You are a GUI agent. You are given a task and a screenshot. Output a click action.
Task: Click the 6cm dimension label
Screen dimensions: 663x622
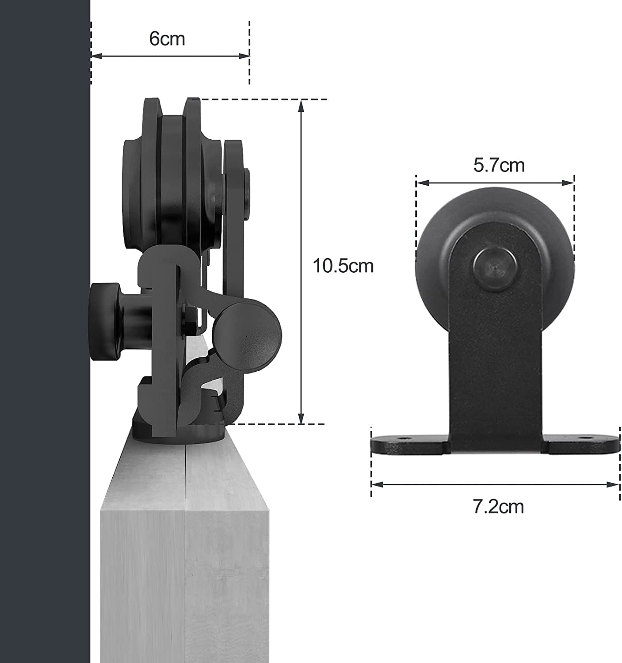click(x=167, y=39)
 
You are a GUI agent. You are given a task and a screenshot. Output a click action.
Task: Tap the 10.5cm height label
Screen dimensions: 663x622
click(x=343, y=266)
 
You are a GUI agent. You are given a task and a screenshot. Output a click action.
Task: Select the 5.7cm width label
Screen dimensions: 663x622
click(x=499, y=165)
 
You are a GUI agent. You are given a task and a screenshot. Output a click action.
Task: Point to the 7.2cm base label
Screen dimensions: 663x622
click(x=498, y=506)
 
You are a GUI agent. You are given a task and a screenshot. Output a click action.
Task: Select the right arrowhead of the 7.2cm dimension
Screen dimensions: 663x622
click(x=615, y=484)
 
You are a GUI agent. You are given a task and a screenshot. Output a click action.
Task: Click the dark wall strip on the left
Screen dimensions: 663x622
click(x=44, y=331)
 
